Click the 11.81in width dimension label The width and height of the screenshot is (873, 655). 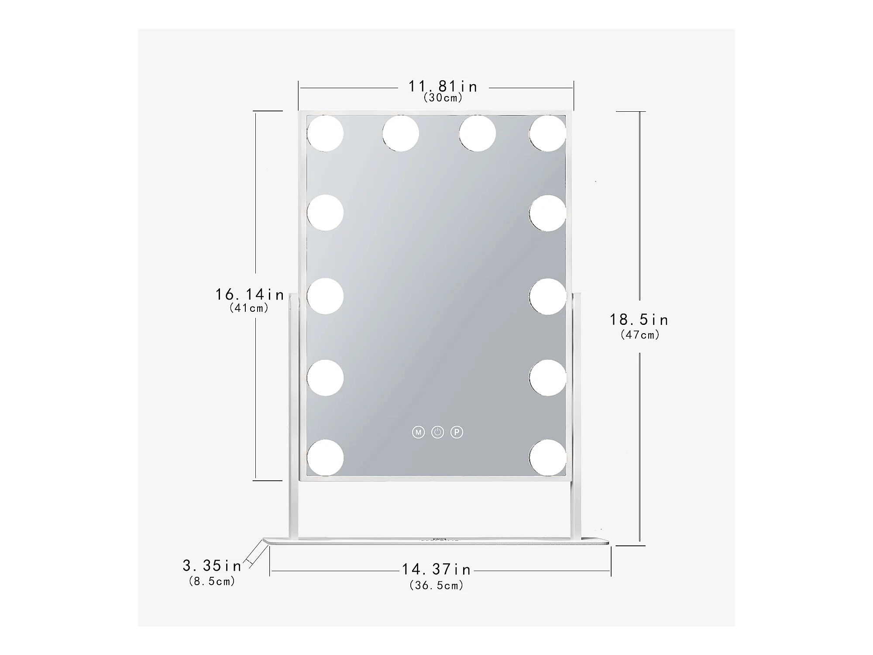click(x=443, y=86)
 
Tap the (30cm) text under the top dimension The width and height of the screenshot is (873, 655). click(x=443, y=98)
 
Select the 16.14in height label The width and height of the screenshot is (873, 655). click(x=250, y=294)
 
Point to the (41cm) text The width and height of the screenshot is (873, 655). click(x=249, y=308)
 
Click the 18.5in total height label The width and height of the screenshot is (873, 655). click(x=639, y=320)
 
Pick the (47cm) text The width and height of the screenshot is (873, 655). click(x=640, y=335)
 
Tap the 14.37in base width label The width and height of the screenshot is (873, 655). click(x=436, y=569)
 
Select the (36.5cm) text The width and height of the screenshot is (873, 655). click(x=436, y=586)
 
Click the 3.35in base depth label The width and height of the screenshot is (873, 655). click(x=212, y=566)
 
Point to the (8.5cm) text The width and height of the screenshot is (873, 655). click(x=212, y=581)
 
